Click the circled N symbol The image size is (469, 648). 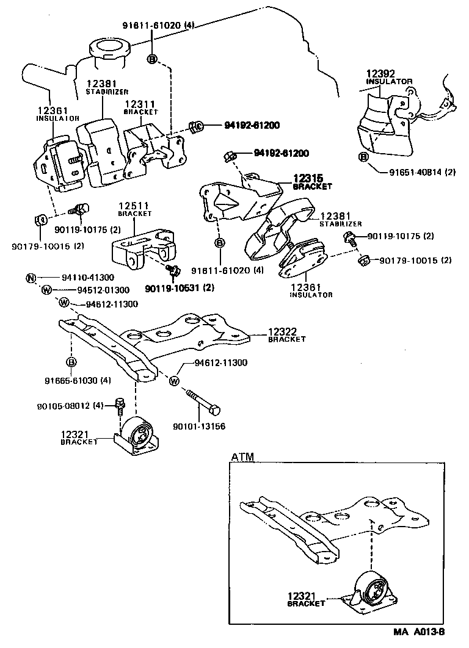(31, 278)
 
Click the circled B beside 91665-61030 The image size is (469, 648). (71, 362)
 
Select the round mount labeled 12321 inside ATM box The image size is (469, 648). (371, 590)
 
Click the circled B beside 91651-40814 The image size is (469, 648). (363, 158)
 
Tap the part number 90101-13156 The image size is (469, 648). (198, 426)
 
